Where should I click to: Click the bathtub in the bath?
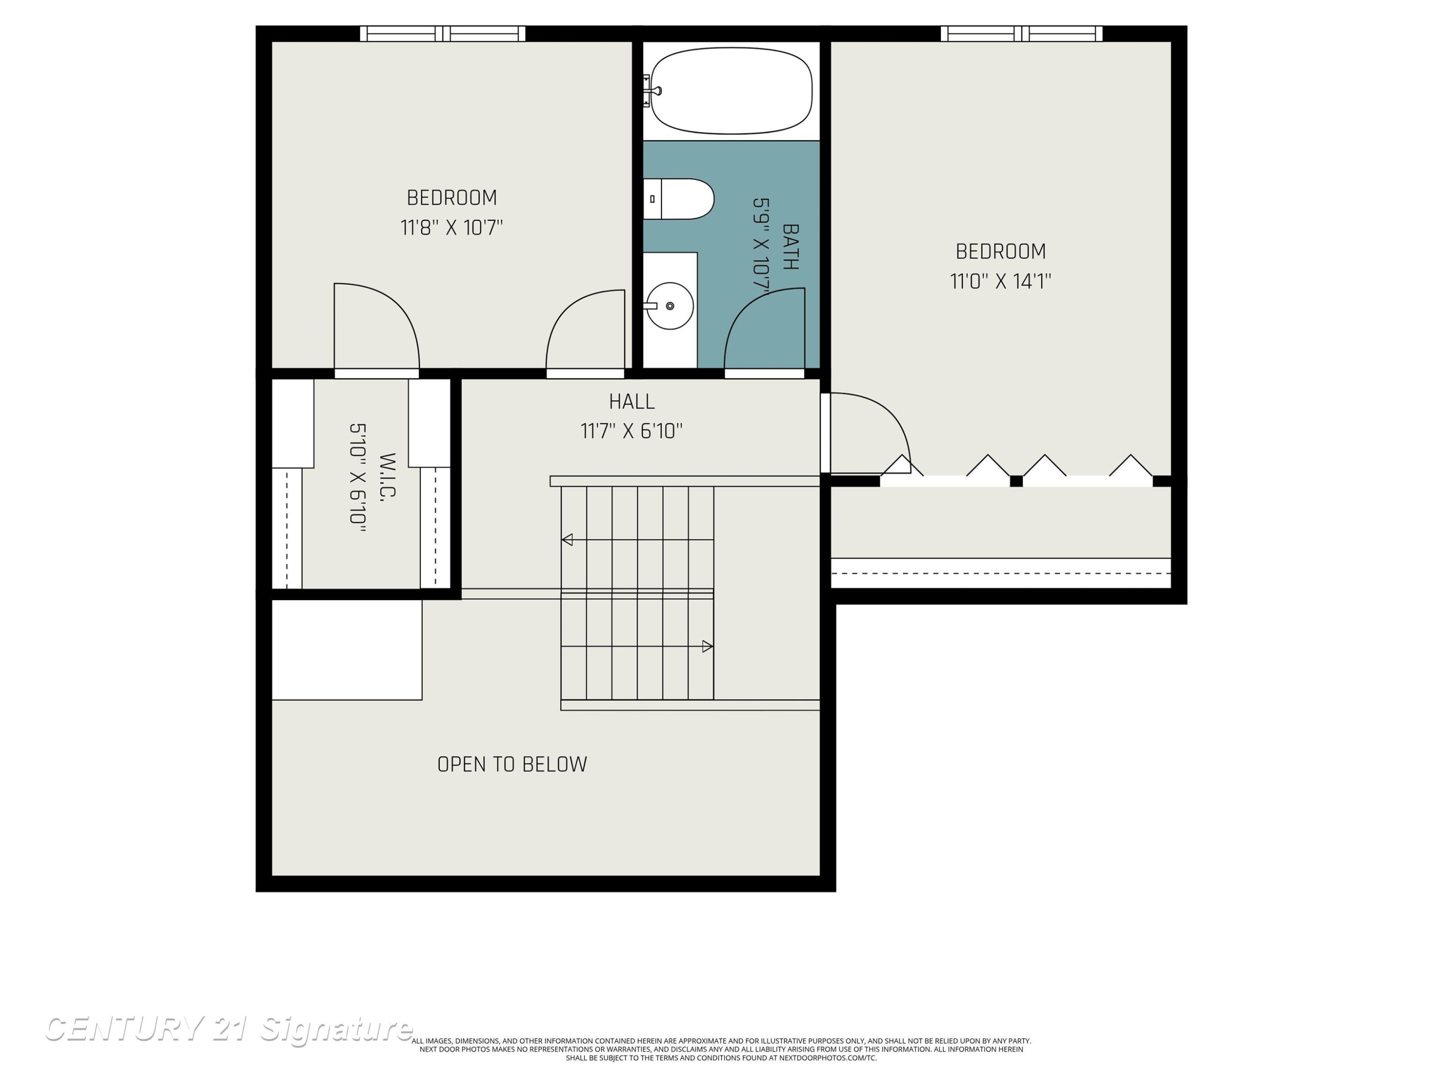(731, 91)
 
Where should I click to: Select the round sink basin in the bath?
(670, 306)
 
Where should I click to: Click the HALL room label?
(632, 402)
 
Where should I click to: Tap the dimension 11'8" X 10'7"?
(452, 227)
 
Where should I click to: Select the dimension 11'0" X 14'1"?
(1000, 281)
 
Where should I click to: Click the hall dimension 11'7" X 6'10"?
(632, 431)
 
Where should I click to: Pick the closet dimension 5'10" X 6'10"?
(357, 478)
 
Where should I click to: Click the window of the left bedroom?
(443, 33)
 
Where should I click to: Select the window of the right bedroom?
(1022, 33)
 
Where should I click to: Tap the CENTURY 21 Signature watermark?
(228, 1029)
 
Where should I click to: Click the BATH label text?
(790, 247)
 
